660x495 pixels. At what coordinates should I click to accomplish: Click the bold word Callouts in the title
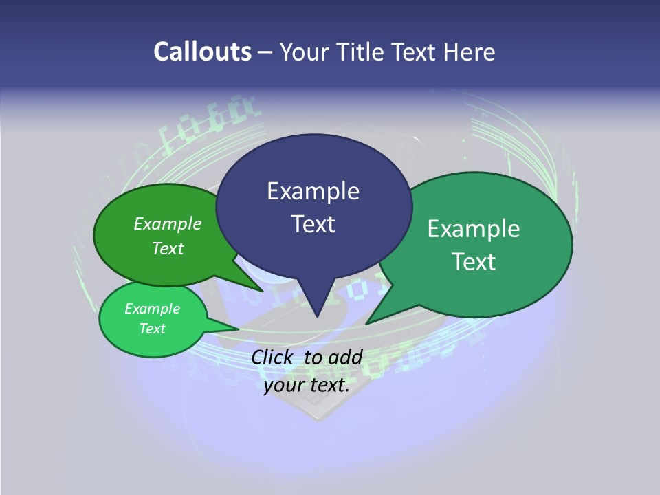pyautogui.click(x=202, y=52)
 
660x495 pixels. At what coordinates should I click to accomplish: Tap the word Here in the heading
pyautogui.click(x=471, y=52)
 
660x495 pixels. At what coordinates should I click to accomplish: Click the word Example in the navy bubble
pyautogui.click(x=313, y=191)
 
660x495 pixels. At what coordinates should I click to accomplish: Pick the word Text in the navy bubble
pyautogui.click(x=313, y=224)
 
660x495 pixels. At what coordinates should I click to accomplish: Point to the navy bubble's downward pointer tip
pyautogui.click(x=317, y=316)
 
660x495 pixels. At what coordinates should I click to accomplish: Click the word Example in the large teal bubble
pyautogui.click(x=474, y=229)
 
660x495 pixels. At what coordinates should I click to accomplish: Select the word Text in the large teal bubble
pyautogui.click(x=474, y=262)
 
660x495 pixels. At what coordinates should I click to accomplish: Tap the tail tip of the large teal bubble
pyautogui.click(x=367, y=323)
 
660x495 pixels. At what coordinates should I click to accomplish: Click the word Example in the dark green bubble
pyautogui.click(x=168, y=223)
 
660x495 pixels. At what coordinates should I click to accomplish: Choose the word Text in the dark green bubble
pyautogui.click(x=168, y=248)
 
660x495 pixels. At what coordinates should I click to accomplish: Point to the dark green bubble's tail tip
pyautogui.click(x=263, y=290)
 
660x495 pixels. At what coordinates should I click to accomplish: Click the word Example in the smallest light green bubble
pyautogui.click(x=152, y=309)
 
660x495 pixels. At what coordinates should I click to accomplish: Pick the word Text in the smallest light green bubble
pyautogui.click(x=152, y=329)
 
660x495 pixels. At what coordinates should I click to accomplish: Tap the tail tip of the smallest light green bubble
pyautogui.click(x=238, y=329)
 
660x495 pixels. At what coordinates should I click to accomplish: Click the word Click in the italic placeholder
pyautogui.click(x=274, y=357)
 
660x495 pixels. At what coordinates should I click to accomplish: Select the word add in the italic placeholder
pyautogui.click(x=345, y=357)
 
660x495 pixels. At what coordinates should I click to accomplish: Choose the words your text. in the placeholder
pyautogui.click(x=307, y=385)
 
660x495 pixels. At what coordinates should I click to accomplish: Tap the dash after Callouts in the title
pyautogui.click(x=266, y=52)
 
